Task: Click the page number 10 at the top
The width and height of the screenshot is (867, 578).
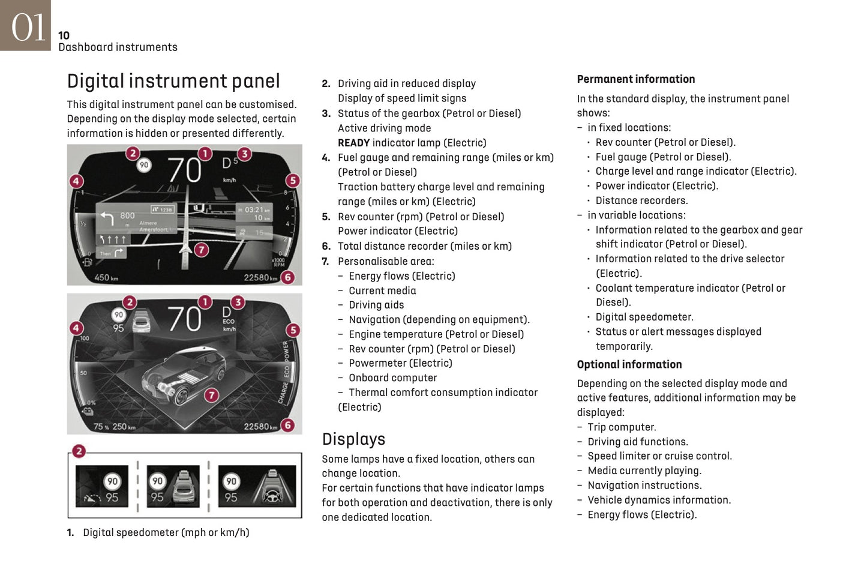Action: [x=64, y=35]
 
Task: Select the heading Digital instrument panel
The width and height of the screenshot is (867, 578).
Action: [x=173, y=81]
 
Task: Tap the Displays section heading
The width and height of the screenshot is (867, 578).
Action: [x=353, y=439]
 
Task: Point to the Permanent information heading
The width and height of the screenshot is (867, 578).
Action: [x=635, y=79]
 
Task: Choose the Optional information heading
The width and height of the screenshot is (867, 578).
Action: [x=629, y=364]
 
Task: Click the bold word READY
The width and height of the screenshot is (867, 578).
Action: [x=353, y=143]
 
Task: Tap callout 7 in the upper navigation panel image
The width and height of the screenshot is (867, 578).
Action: [x=202, y=250]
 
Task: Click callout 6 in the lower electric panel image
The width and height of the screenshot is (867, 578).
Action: [x=288, y=426]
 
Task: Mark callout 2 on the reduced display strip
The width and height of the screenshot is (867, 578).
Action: [x=79, y=451]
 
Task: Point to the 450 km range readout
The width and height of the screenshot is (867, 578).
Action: [x=106, y=278]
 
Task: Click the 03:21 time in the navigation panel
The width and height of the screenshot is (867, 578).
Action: [x=255, y=209]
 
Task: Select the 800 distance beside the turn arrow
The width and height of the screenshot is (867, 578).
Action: [x=127, y=215]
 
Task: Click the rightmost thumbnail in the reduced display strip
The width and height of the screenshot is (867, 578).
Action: [x=257, y=486]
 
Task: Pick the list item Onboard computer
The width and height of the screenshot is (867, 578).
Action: [x=392, y=378]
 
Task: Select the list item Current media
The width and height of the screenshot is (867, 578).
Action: [x=382, y=291]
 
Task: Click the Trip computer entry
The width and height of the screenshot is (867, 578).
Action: [x=622, y=427]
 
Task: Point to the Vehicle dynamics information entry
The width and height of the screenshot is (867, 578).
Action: [x=659, y=500]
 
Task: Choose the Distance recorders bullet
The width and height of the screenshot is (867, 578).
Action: [x=641, y=200]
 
